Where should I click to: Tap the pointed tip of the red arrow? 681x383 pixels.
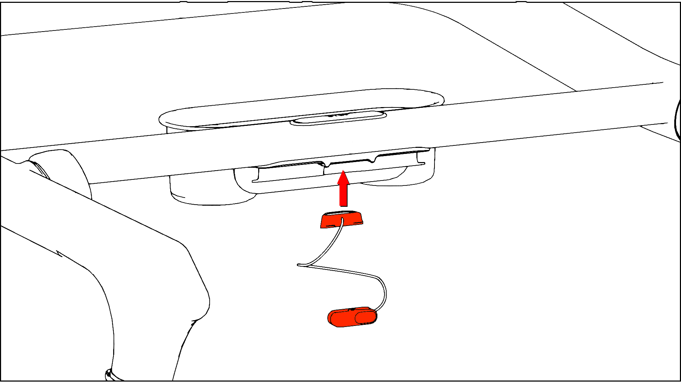pyautogui.click(x=343, y=171)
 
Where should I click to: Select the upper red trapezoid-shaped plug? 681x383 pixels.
pyautogui.click(x=342, y=221)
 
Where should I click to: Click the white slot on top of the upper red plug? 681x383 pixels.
pyautogui.click(x=342, y=213)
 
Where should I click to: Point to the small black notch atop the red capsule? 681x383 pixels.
pyautogui.click(x=352, y=310)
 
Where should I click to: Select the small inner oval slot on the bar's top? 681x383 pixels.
pyautogui.click(x=338, y=118)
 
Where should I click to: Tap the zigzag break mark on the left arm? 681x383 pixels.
pyautogui.click(x=60, y=253)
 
